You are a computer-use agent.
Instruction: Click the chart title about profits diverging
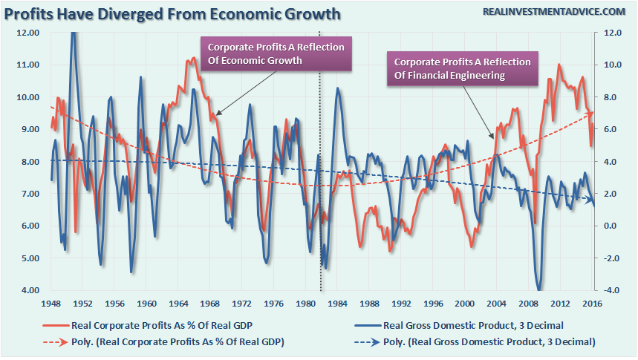[173, 13]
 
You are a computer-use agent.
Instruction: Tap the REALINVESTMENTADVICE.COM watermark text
[554, 11]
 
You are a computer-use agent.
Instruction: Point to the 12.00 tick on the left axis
[28, 33]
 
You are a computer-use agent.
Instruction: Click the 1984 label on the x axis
[338, 304]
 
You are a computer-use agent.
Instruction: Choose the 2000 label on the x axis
[465, 304]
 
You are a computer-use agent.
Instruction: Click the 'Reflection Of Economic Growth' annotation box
[276, 54]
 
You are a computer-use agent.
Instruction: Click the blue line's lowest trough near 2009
[538, 289]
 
